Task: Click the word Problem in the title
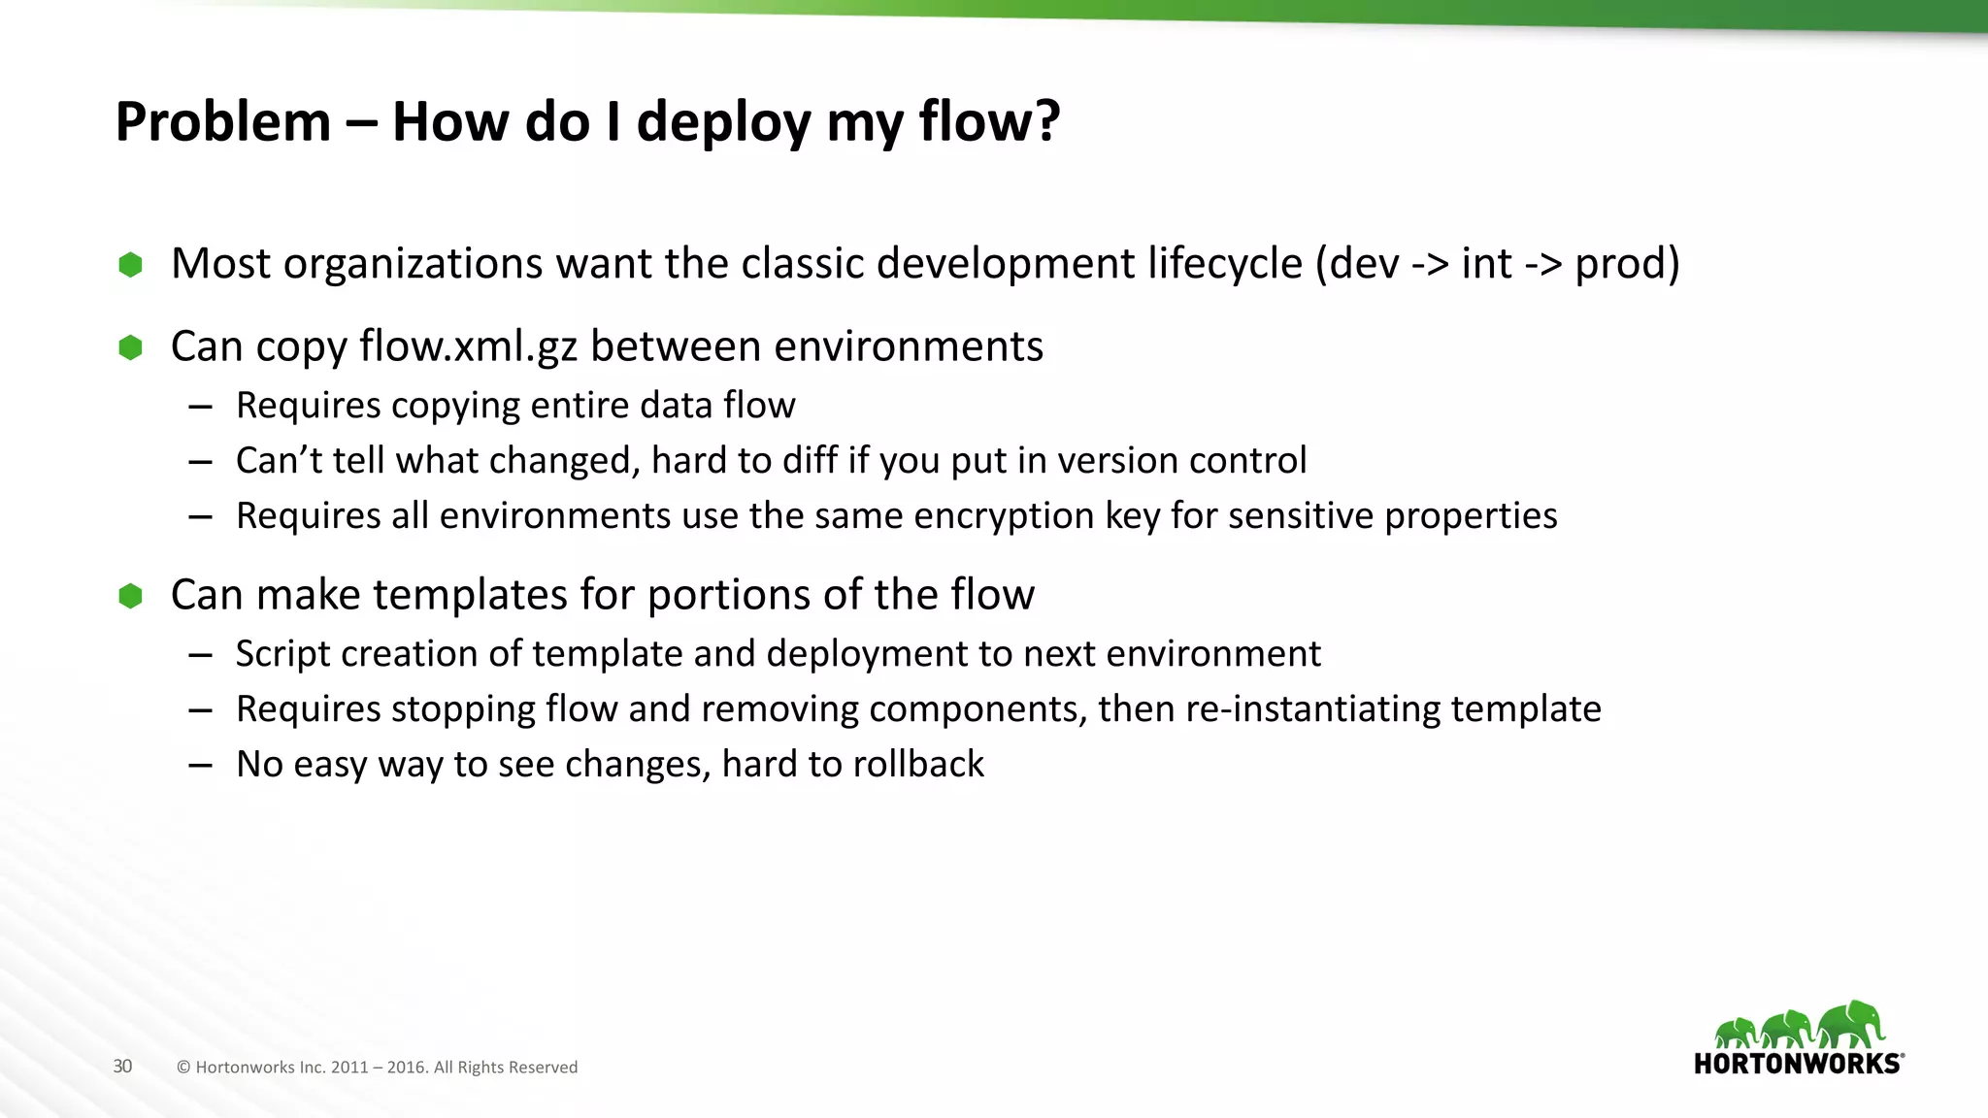[x=222, y=122]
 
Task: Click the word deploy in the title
[x=723, y=122]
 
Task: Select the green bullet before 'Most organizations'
[x=130, y=264]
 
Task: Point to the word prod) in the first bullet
[x=1627, y=264]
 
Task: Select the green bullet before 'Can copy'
[x=130, y=346]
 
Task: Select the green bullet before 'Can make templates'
[x=130, y=595]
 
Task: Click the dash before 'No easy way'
[x=201, y=766]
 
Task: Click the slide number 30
[x=122, y=1067]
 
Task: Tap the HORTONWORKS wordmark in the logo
[x=1797, y=1064]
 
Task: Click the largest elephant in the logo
[x=1852, y=1024]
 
